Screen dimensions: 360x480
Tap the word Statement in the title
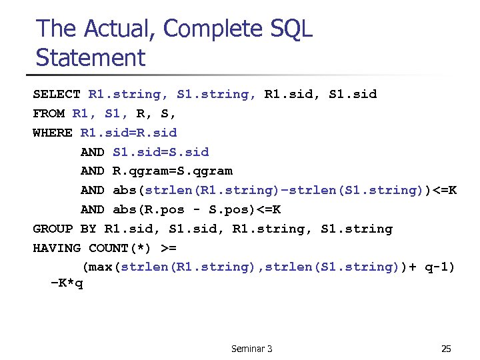click(90, 58)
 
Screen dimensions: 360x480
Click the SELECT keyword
click(57, 94)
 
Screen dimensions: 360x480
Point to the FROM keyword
click(49, 113)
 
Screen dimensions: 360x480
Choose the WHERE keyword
click(53, 133)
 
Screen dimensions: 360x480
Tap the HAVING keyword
click(57, 248)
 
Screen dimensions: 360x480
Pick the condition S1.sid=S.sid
click(161, 152)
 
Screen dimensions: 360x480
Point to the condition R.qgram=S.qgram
click(173, 171)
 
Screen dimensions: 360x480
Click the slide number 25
click(446, 349)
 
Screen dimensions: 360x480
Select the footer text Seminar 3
click(251, 349)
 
